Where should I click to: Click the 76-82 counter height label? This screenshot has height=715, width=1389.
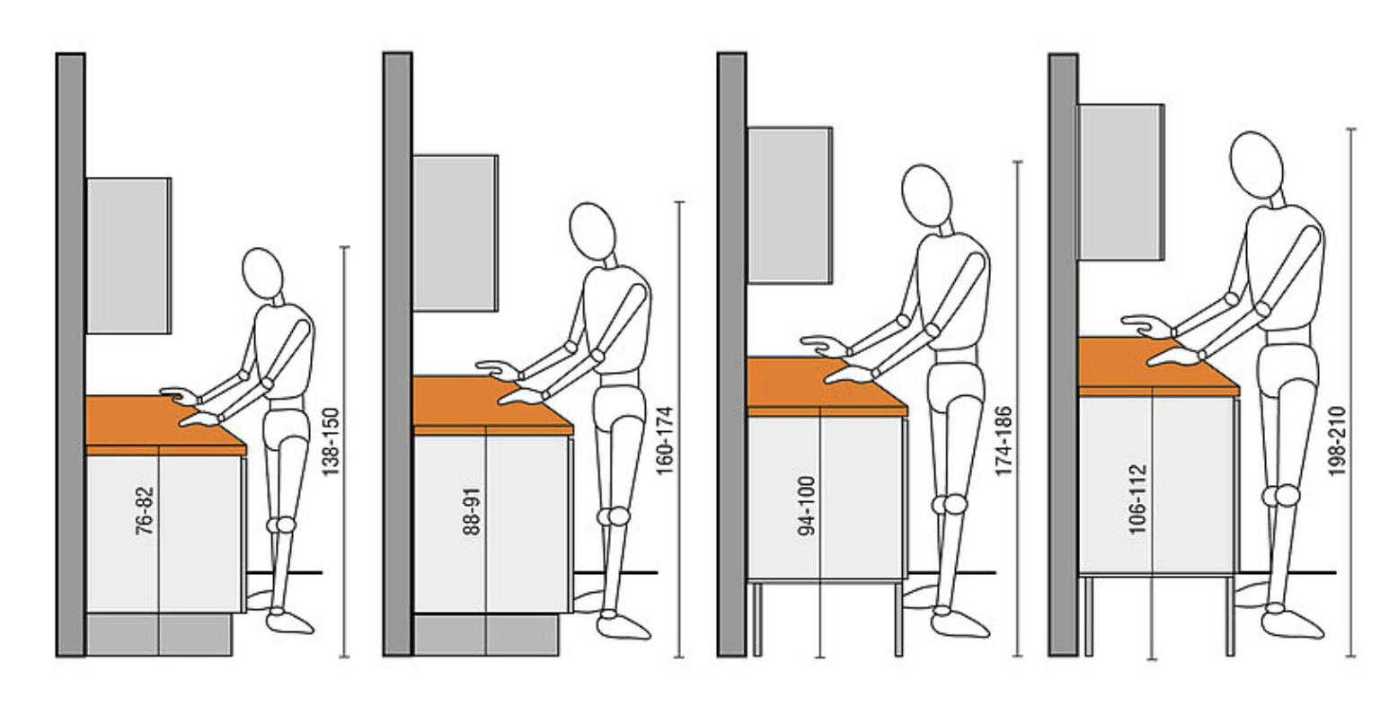[x=145, y=511]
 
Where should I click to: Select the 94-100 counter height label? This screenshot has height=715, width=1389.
[x=806, y=506]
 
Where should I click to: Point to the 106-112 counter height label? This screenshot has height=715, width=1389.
[x=1137, y=499]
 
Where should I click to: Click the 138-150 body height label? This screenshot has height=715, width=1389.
[x=332, y=442]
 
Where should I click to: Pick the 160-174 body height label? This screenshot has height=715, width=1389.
[x=665, y=441]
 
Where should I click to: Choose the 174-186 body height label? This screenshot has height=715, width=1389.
[x=1004, y=441]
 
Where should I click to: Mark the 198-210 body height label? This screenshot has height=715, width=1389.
[x=1337, y=441]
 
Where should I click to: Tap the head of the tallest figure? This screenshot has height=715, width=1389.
[x=1256, y=164]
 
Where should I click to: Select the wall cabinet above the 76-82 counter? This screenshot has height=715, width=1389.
[x=128, y=255]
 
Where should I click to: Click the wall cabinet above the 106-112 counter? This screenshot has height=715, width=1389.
[x=1121, y=181]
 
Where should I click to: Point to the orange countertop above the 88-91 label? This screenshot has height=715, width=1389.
[x=492, y=404]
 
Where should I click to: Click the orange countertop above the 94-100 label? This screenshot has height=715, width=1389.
[x=827, y=385]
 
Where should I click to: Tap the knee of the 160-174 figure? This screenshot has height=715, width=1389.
[x=615, y=516]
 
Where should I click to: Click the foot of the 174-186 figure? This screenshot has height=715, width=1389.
[x=959, y=624]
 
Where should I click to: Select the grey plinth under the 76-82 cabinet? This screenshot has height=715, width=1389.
[x=159, y=634]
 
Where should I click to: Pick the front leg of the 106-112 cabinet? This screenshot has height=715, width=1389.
[x=1230, y=616]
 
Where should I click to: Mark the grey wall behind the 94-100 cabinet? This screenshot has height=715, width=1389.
[x=731, y=354]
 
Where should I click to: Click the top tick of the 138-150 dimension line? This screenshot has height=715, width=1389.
[x=345, y=247]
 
